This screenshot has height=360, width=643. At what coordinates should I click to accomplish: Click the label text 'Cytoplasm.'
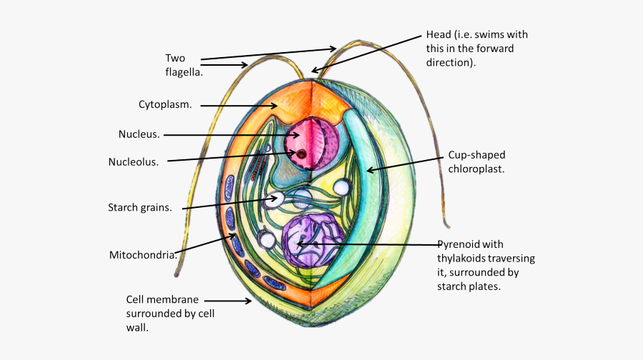165,105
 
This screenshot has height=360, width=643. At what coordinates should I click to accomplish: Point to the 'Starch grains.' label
140,209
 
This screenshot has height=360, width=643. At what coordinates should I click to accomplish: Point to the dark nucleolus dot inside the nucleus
302,154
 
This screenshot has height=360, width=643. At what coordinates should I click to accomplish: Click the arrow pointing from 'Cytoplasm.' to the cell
239,106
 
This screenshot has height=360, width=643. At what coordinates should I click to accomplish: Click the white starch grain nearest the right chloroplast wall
343,188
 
